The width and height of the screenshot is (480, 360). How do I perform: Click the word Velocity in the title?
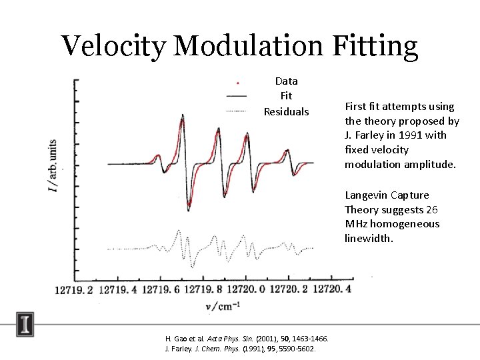[x=113, y=45]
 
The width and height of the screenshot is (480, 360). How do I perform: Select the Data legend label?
[x=287, y=81]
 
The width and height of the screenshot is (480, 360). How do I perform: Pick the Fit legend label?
[x=287, y=96]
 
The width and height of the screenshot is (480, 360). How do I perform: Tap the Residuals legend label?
[x=287, y=111]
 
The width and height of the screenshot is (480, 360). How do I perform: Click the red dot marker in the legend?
[x=237, y=83]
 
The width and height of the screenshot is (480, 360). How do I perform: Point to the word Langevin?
[x=366, y=195]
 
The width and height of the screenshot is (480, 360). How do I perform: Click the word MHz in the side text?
[x=357, y=224]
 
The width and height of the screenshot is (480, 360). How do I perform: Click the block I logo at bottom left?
[x=25, y=325]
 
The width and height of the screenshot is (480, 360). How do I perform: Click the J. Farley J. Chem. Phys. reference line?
[x=240, y=349]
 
